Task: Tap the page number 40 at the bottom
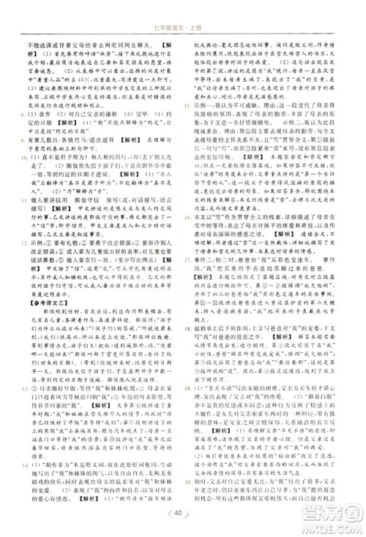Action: (x=182, y=514)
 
